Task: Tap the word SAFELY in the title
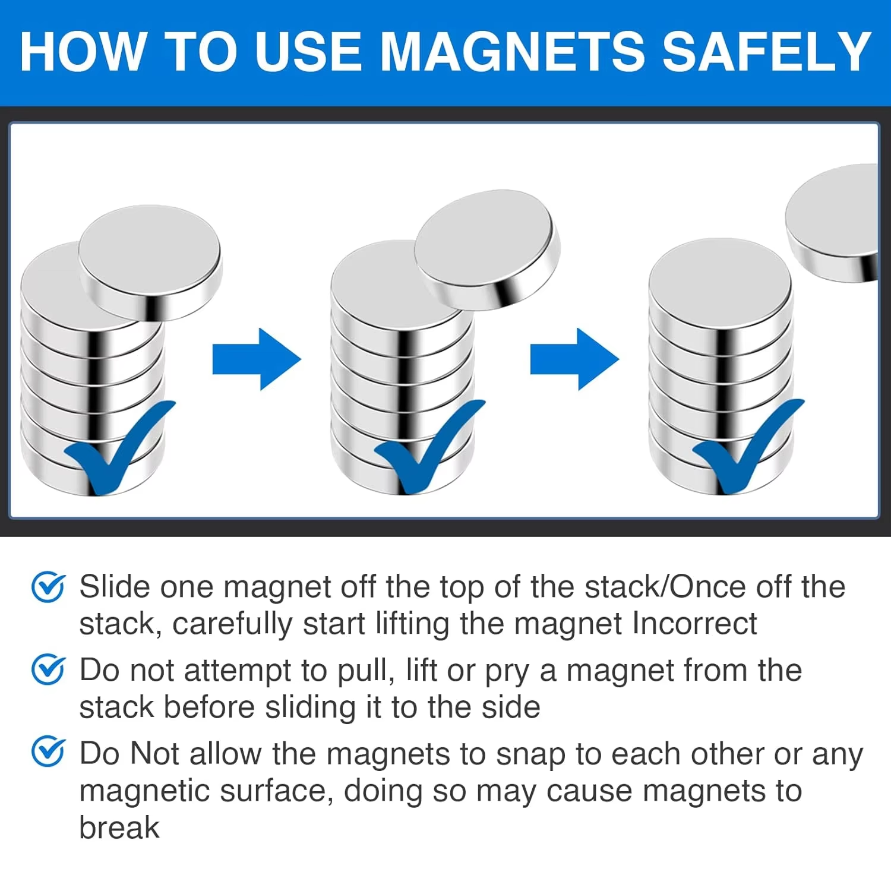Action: click(x=766, y=52)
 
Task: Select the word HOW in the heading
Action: click(x=84, y=52)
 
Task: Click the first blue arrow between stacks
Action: click(x=257, y=359)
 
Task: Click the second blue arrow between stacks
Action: click(x=574, y=359)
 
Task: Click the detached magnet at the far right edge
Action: click(x=835, y=223)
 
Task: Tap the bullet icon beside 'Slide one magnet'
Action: click(x=48, y=587)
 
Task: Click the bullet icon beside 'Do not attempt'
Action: click(x=48, y=670)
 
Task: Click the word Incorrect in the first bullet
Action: click(x=694, y=624)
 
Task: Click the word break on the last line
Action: click(x=119, y=827)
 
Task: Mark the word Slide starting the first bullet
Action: click(x=115, y=587)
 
